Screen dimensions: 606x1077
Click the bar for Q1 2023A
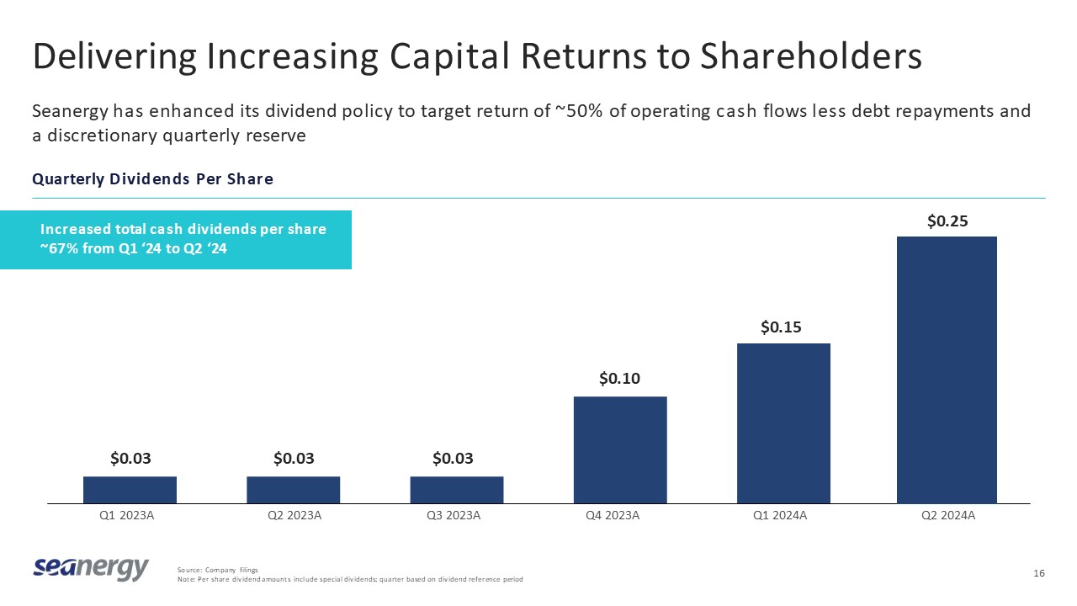(130, 490)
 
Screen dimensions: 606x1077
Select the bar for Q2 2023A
(293, 490)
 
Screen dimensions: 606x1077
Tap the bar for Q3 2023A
(457, 490)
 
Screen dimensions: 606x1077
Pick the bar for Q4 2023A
(620, 449)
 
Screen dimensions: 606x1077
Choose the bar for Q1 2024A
(783, 423)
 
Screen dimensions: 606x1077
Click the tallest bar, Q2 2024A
(947, 369)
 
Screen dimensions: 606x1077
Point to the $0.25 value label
(947, 221)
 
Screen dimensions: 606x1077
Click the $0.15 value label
(781, 327)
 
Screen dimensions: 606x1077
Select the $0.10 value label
(620, 380)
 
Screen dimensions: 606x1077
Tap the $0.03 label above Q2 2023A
(294, 459)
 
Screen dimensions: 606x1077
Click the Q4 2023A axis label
(613, 516)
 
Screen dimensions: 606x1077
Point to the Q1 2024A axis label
(780, 516)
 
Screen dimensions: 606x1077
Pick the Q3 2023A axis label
(454, 516)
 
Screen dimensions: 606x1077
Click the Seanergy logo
(91, 569)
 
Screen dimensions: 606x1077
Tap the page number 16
(1038, 573)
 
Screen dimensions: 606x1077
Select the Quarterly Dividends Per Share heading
(152, 179)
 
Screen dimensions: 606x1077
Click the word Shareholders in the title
(812, 56)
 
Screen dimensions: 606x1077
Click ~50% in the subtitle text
(581, 112)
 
